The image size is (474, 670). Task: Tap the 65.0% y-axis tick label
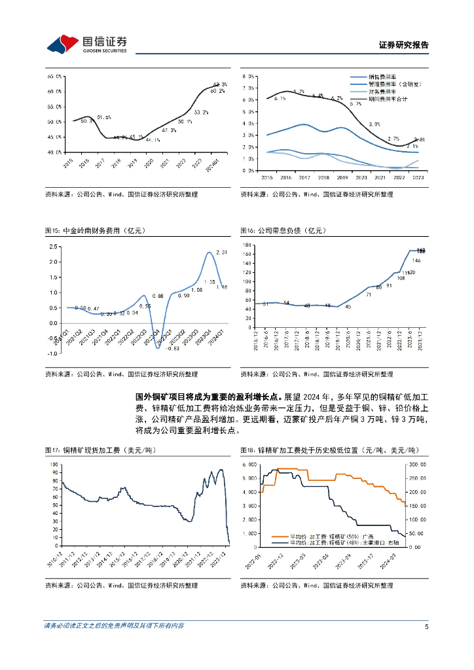[54, 77]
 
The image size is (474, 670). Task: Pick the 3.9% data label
[374, 124]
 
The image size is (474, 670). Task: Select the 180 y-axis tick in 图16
[247, 245]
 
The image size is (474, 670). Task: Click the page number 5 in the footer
[426, 626]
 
